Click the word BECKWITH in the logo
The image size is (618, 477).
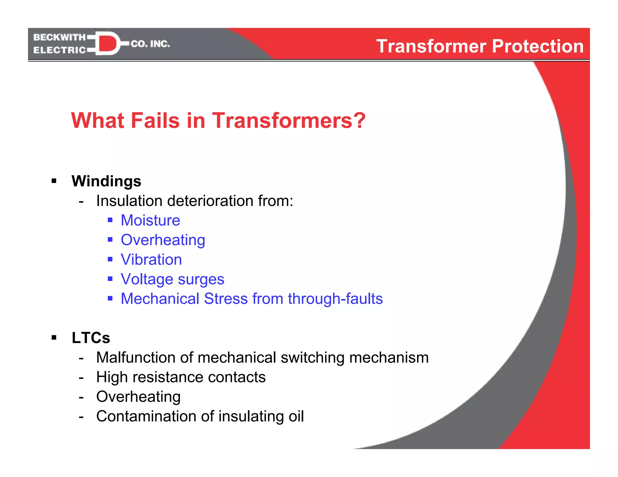click(59, 37)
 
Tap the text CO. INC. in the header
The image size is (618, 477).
click(150, 44)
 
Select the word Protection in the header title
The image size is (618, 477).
click(538, 46)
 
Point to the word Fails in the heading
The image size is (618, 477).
click(155, 120)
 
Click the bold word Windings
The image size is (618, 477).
click(106, 181)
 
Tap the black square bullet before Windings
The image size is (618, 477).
click(54, 181)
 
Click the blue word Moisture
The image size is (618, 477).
click(150, 220)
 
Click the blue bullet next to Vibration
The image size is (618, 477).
click(110, 259)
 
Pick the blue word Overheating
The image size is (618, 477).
click(163, 240)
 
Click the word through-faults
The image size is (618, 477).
click(335, 299)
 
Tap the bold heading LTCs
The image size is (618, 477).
click(91, 338)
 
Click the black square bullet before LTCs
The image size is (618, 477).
click(54, 337)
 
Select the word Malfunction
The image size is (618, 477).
click(135, 358)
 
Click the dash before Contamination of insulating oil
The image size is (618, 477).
click(81, 417)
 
